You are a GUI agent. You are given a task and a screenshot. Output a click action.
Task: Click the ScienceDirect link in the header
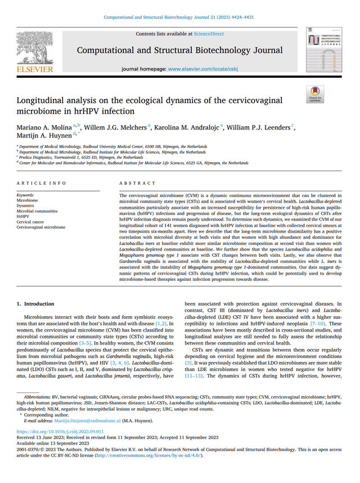tap(209, 34)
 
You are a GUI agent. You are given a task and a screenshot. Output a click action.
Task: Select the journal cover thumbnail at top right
tap(324, 50)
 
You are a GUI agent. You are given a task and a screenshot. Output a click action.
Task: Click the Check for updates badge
tap(315, 94)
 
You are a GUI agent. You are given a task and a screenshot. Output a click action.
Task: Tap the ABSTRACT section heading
tap(137, 184)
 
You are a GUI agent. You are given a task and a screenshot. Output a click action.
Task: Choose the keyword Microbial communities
tap(37, 211)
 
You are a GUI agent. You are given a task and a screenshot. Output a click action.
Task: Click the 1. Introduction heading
tap(35, 304)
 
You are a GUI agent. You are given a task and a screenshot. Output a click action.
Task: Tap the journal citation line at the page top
tap(179, 16)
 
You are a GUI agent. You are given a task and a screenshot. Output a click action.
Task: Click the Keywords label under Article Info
tap(26, 195)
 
